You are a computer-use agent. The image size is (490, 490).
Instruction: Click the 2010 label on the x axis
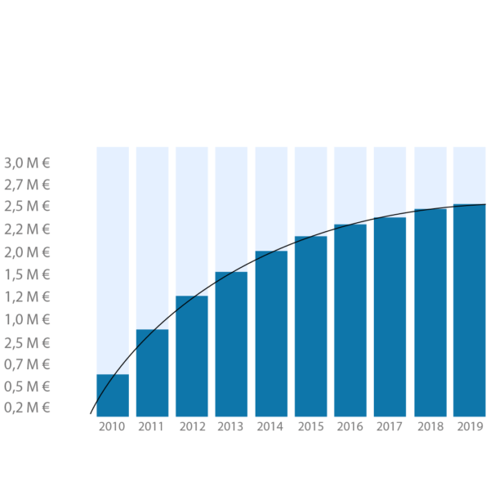click(111, 426)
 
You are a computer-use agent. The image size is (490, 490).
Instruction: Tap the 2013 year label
click(231, 426)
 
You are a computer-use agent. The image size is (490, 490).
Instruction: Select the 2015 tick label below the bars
click(310, 426)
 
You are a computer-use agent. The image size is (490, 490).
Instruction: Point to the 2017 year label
click(390, 426)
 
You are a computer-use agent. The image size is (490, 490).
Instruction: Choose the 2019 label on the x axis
click(470, 426)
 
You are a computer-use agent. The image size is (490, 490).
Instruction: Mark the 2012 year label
click(191, 426)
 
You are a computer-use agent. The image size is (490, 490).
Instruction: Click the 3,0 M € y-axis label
click(27, 163)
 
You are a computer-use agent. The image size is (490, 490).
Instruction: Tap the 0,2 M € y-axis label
click(27, 408)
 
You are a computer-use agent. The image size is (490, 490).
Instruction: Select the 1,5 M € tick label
click(27, 274)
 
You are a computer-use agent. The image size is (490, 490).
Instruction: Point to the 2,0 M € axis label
click(27, 252)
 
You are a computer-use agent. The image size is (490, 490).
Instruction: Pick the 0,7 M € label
click(27, 363)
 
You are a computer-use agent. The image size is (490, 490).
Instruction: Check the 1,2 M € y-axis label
click(27, 296)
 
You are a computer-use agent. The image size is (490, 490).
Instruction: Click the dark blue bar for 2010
click(113, 396)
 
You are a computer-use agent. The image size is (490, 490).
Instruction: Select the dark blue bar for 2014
click(271, 334)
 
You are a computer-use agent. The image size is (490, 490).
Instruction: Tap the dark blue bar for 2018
click(430, 314)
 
